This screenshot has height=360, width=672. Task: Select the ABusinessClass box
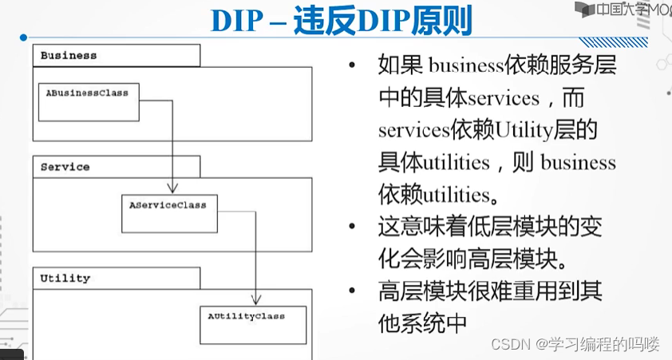pyautogui.click(x=88, y=101)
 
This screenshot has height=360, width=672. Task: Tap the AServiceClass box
pyautogui.click(x=168, y=212)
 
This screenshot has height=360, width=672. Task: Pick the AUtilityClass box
pyautogui.click(x=252, y=324)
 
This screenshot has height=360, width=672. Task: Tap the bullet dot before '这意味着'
pyautogui.click(x=352, y=227)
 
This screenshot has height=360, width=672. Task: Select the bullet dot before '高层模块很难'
pyautogui.click(x=352, y=292)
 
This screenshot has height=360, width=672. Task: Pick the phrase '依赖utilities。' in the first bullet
pyautogui.click(x=440, y=195)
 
